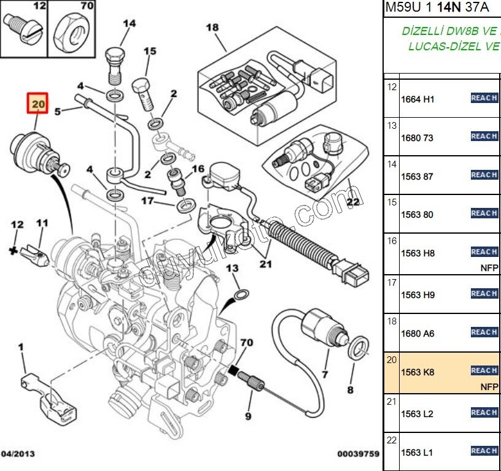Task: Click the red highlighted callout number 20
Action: (x=38, y=104)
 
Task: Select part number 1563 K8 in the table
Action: (x=417, y=372)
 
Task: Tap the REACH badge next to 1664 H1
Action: (x=484, y=98)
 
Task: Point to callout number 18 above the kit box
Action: (x=212, y=28)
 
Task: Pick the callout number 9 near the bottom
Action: (x=248, y=416)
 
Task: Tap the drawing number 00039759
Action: (x=358, y=454)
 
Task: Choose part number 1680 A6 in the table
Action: (x=417, y=334)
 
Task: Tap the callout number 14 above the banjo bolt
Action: (x=129, y=25)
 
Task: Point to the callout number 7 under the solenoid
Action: (x=325, y=373)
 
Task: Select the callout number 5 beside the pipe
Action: (x=58, y=111)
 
